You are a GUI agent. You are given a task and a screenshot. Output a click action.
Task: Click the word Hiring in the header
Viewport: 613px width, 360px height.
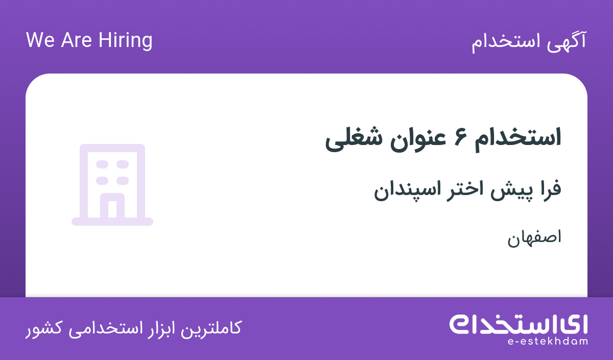click(125, 41)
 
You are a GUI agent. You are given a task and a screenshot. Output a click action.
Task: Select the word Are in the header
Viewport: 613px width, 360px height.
click(76, 40)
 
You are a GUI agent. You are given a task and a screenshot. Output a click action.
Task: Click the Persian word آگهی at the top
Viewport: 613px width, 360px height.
click(567, 41)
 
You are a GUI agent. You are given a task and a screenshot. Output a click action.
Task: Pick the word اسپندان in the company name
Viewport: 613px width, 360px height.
click(408, 190)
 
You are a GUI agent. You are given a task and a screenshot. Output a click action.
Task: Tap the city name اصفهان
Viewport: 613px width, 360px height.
click(534, 238)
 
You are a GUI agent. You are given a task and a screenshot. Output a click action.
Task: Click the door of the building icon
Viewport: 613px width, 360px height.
click(112, 206)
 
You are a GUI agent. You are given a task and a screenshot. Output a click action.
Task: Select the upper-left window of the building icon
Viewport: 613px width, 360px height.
click(102, 164)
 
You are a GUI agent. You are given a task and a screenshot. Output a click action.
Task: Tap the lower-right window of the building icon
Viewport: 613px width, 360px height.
click(123, 181)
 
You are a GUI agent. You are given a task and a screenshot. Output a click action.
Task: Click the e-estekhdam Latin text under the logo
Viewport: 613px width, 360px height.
click(547, 342)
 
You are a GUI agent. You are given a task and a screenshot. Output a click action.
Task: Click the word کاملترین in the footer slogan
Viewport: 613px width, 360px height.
click(210, 328)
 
